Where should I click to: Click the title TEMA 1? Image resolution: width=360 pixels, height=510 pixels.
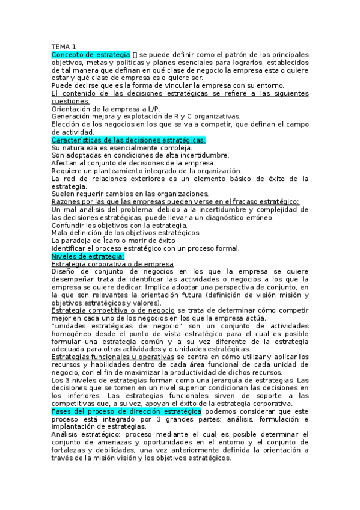click(63, 46)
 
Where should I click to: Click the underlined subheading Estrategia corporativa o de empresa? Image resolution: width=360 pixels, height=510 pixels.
click(112, 264)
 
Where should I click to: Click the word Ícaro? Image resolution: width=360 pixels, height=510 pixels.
click(116, 241)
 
